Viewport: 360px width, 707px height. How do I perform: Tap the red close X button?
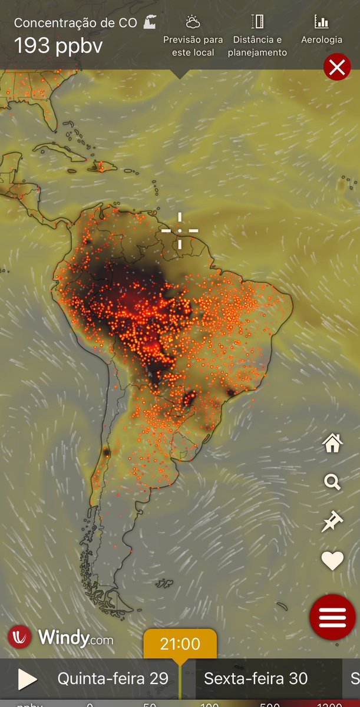coord(337,68)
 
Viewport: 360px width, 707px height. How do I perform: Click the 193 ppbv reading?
coord(58,45)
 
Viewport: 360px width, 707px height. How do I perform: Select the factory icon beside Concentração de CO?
coord(150,22)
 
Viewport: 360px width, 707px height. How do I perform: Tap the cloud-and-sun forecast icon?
coord(192,22)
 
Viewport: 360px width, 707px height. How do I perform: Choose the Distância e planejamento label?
coord(257,46)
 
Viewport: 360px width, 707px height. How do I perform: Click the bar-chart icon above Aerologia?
coord(322,22)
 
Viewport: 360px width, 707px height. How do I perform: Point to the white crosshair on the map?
coord(180,230)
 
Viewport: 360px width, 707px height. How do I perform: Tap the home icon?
coord(332,443)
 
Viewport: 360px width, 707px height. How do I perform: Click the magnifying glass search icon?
coord(332,483)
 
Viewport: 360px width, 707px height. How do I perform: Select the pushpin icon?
coord(332,522)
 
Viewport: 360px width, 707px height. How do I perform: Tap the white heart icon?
coord(332,561)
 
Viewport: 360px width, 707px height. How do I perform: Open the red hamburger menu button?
coord(332,616)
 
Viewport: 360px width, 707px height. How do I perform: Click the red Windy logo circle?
coord(20,637)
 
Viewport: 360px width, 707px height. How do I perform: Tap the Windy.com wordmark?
coord(75,637)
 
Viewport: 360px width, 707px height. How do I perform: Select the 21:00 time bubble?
coord(180,644)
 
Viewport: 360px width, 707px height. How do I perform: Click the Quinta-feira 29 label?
coord(113,679)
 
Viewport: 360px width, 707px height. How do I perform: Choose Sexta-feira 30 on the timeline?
coord(256,679)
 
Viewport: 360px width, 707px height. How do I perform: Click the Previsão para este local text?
coord(193,46)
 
